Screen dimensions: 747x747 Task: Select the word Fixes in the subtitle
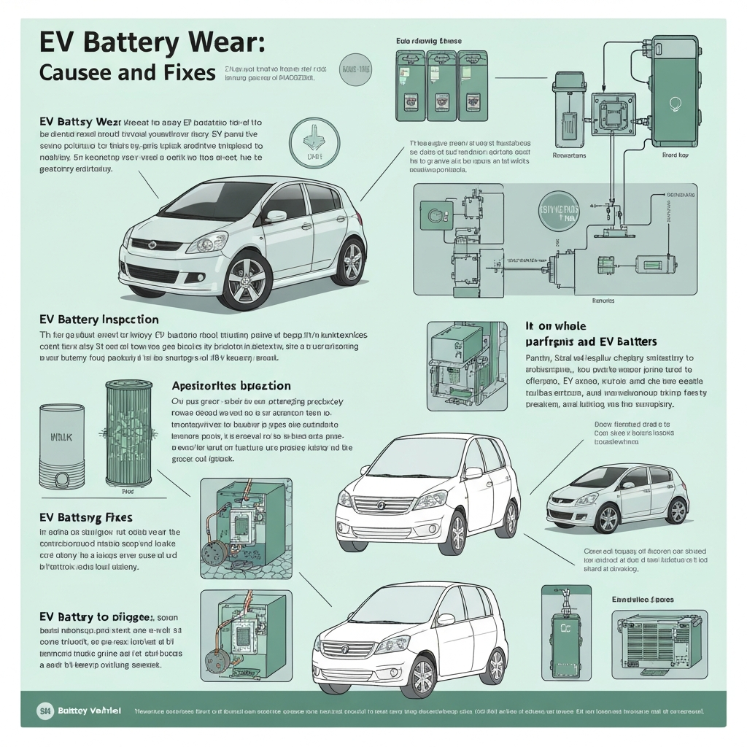tap(180, 74)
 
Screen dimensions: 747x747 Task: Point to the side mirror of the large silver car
tap(276, 216)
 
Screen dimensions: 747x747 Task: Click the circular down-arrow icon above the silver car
tap(309, 142)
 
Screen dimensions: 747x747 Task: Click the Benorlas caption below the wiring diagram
tap(603, 301)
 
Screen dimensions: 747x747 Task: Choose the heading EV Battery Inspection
tap(98, 320)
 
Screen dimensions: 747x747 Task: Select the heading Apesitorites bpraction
tap(231, 385)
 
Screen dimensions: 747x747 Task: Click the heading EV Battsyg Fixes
tap(85, 517)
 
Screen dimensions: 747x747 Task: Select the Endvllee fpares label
tap(642, 599)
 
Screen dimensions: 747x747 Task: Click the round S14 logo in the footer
tap(44, 710)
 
